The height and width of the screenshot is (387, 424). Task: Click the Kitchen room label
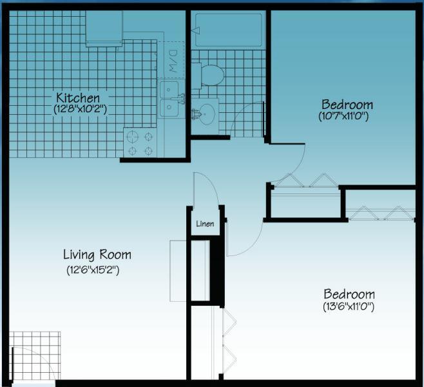pyautogui.click(x=77, y=98)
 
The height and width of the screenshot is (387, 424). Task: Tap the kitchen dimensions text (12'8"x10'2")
pyautogui.click(x=80, y=110)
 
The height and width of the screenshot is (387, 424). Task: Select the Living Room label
pyautogui.click(x=97, y=255)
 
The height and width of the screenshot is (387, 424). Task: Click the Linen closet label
pyautogui.click(x=206, y=224)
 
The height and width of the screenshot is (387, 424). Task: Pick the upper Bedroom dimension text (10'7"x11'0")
pyautogui.click(x=347, y=117)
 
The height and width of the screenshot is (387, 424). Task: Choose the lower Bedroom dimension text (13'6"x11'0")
pyautogui.click(x=349, y=306)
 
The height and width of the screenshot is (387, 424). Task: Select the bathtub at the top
pyautogui.click(x=229, y=30)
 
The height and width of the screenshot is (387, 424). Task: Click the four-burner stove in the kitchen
pyautogui.click(x=140, y=143)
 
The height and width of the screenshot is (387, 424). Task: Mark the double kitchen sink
pyautogui.click(x=170, y=98)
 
